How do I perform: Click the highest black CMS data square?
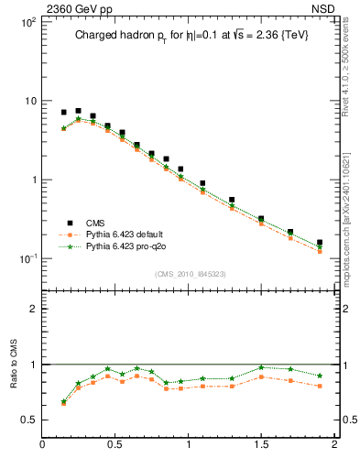tap(78, 111)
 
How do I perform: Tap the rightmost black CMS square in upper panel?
tap(319, 243)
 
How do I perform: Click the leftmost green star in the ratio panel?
tap(63, 401)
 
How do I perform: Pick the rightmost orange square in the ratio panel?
tap(319, 386)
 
